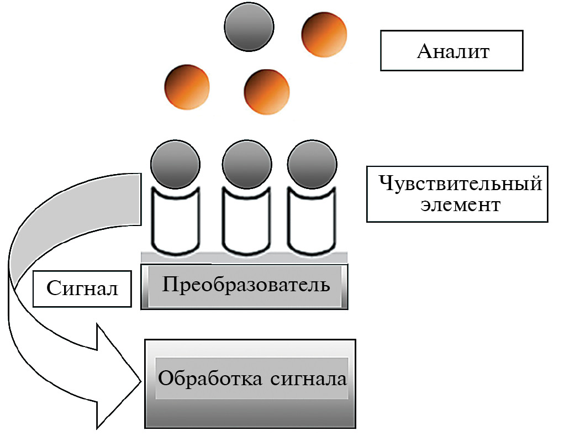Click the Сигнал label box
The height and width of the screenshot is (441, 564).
82,288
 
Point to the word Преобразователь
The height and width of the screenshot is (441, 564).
246,285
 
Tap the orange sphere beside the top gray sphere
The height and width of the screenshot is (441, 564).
324,34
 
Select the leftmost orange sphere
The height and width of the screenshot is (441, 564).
187,87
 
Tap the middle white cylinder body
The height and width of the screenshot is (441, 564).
246,224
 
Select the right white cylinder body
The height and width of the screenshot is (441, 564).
311,224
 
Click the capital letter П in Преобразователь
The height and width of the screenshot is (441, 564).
169,285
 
